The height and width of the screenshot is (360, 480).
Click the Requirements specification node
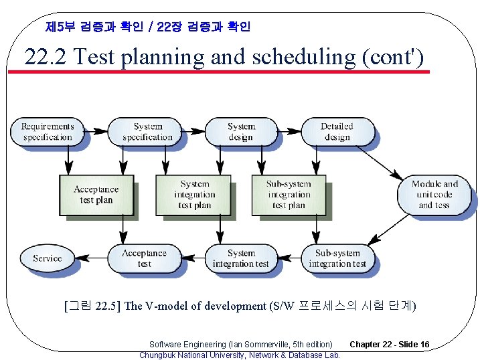click(47, 132)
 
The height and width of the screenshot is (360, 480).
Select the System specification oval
click(147, 132)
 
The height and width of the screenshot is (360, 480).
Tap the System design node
click(241, 132)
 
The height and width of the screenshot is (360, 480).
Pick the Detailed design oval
click(337, 132)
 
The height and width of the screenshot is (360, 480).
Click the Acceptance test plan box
click(96, 195)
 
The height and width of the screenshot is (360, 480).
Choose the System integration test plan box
click(194, 195)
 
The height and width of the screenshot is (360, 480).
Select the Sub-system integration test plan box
click(289, 195)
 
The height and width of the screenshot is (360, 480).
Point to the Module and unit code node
click(434, 195)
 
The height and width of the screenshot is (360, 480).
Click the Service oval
click(47, 258)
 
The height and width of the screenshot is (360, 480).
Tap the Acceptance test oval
click(144, 258)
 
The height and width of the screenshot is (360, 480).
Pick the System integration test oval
click(241, 258)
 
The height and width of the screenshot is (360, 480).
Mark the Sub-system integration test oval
click(337, 258)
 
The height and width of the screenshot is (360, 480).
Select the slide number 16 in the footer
click(424, 345)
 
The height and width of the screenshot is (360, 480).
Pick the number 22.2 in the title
click(46, 58)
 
